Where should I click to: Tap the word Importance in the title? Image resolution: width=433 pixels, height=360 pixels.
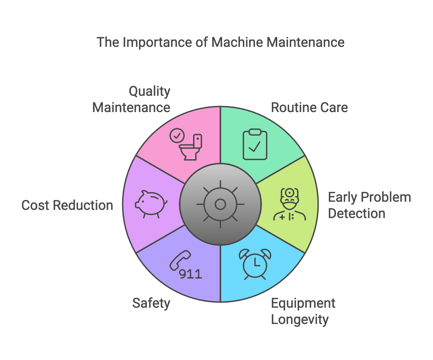(x=155, y=42)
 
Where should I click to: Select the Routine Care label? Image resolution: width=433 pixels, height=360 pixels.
(x=309, y=108)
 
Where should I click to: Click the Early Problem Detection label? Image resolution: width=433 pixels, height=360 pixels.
(x=369, y=205)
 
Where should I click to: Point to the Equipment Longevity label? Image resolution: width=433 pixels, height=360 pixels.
(x=303, y=311)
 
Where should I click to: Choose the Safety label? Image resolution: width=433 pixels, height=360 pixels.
(x=151, y=303)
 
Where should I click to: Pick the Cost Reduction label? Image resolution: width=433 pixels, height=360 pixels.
(x=67, y=205)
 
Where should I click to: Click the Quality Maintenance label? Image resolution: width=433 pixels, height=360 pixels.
(x=132, y=99)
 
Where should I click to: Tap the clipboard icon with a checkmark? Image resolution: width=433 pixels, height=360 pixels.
(x=255, y=144)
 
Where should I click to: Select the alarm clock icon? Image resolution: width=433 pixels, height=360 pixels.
(x=255, y=264)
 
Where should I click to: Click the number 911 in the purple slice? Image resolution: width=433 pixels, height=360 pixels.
(x=191, y=274)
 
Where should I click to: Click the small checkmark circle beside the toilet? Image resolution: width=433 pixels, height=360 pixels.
(x=177, y=136)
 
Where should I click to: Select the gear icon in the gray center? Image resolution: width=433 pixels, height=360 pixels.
(x=221, y=204)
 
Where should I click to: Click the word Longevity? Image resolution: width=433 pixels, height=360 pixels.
(x=300, y=320)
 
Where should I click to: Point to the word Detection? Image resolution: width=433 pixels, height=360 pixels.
(x=357, y=214)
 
